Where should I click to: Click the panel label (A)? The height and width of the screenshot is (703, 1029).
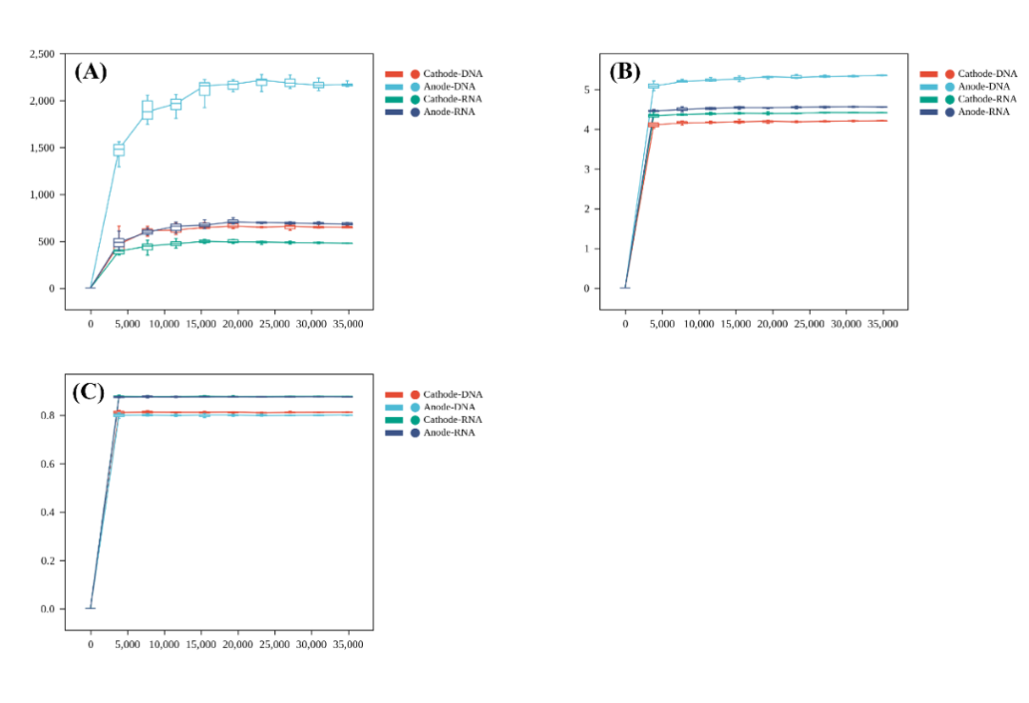[x=91, y=71]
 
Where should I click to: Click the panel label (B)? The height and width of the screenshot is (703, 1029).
[x=625, y=71]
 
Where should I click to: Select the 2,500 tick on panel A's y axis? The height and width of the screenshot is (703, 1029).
[x=43, y=54]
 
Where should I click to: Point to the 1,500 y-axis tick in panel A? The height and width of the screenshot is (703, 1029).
[x=43, y=148]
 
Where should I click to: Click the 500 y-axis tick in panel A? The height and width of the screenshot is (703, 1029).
[x=48, y=241]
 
